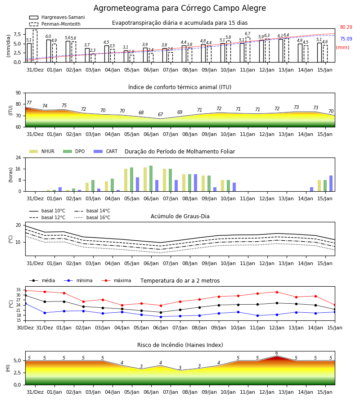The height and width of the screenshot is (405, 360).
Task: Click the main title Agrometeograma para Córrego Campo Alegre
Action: pyautogui.click(x=180, y=8)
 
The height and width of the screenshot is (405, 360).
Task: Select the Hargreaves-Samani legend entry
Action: pyautogui.click(x=57, y=17)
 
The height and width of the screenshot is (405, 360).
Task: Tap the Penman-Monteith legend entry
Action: pyautogui.click(x=55, y=24)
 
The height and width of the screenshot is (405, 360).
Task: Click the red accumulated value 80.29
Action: pyautogui.click(x=346, y=27)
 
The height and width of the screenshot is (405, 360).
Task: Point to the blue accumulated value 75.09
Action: pyautogui.click(x=346, y=39)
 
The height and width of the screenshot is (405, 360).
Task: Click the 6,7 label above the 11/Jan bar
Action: pyautogui.click(x=247, y=34)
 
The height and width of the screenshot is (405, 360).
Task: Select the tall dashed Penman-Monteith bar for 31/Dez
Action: pyautogui.click(x=35, y=46)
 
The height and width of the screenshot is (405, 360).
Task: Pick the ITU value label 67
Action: pyautogui.click(x=160, y=114)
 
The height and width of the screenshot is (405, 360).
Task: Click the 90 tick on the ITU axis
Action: pyautogui.click(x=18, y=93)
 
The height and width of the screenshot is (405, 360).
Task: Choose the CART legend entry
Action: pyautogui.click(x=106, y=151)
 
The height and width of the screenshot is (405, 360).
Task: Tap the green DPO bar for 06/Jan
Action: pyautogui.click(x=151, y=179)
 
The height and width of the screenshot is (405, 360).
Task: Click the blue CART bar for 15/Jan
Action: pyautogui.click(x=331, y=184)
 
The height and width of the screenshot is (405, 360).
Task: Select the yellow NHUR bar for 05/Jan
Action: pyautogui.click(x=126, y=180)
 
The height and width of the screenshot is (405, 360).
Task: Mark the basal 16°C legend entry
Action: pyautogui.click(x=92, y=218)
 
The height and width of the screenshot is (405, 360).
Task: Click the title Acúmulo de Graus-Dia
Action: pyautogui.click(x=180, y=216)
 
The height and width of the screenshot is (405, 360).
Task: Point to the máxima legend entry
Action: pyautogui.click(x=117, y=280)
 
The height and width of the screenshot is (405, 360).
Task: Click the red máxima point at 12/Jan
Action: pyautogui.click(x=277, y=292)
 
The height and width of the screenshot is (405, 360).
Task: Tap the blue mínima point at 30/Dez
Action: pyautogui.click(x=25, y=303)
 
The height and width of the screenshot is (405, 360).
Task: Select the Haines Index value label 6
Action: pyautogui.click(x=277, y=353)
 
